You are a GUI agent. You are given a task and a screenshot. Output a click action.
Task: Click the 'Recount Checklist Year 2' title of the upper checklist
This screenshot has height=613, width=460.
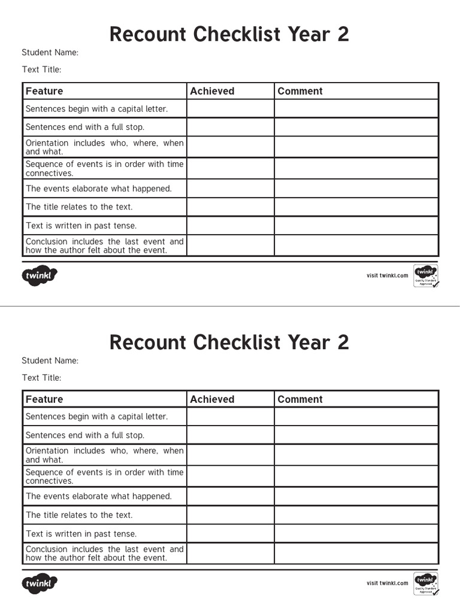(229, 35)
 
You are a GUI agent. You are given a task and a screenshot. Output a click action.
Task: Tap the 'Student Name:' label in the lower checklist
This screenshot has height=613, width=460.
(50, 360)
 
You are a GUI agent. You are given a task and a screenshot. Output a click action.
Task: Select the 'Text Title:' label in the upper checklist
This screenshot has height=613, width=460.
(41, 69)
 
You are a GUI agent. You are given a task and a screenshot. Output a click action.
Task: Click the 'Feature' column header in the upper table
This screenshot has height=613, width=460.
(44, 91)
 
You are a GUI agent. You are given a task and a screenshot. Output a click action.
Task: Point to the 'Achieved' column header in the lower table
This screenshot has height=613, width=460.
(212, 399)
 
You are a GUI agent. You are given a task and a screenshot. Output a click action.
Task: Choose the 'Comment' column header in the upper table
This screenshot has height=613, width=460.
(300, 91)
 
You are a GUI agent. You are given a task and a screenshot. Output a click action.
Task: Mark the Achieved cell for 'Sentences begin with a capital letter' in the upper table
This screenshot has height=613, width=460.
(230, 109)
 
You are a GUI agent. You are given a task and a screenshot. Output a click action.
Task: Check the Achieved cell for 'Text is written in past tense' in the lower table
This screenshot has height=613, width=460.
(230, 533)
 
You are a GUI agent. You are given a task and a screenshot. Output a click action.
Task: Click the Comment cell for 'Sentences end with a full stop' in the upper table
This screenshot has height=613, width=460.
(356, 127)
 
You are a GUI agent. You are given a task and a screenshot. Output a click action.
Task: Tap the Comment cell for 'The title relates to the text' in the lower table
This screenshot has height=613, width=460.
(356, 515)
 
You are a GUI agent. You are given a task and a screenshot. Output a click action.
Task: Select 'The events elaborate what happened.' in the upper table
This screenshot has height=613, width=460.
(99, 189)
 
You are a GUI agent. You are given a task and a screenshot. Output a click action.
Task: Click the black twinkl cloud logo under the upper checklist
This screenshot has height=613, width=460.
(40, 276)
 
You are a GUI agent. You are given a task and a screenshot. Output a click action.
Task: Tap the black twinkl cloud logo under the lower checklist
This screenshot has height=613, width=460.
(40, 584)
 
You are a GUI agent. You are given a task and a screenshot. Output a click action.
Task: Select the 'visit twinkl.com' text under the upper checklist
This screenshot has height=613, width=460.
(387, 276)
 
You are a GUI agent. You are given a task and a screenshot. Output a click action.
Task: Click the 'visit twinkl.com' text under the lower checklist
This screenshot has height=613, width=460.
(387, 583)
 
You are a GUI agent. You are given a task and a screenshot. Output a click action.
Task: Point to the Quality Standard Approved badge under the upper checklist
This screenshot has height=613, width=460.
(425, 276)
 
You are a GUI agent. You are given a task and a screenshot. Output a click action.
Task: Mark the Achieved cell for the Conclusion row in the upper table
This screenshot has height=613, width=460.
(230, 245)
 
